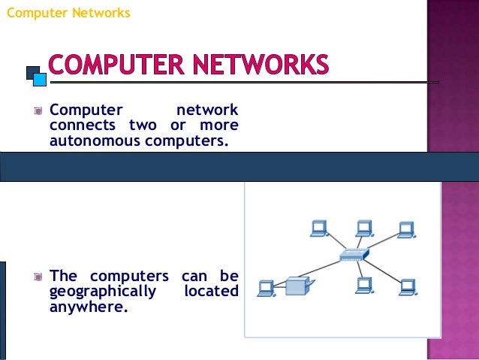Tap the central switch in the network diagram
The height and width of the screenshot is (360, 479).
tap(351, 256)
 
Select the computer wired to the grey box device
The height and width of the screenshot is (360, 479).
tap(265, 287)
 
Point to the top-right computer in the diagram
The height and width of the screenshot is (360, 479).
tap(407, 229)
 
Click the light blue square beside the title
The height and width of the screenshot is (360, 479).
tap(38, 77)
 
